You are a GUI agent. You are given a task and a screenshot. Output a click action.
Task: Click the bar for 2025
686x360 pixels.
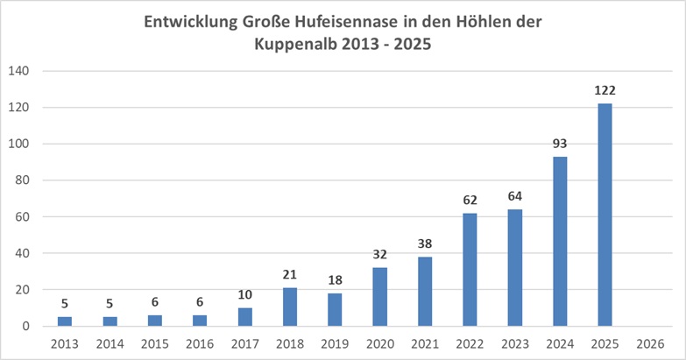[605, 215]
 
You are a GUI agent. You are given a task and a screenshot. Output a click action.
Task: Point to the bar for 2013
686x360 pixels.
[65, 321]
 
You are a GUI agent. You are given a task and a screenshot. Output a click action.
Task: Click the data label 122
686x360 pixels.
[605, 89]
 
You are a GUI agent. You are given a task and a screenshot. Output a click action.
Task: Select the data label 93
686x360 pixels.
[560, 143]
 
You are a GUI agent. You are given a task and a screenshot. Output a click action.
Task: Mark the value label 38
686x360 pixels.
[425, 243]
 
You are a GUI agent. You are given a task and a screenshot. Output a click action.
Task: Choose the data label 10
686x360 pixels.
[244, 294]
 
